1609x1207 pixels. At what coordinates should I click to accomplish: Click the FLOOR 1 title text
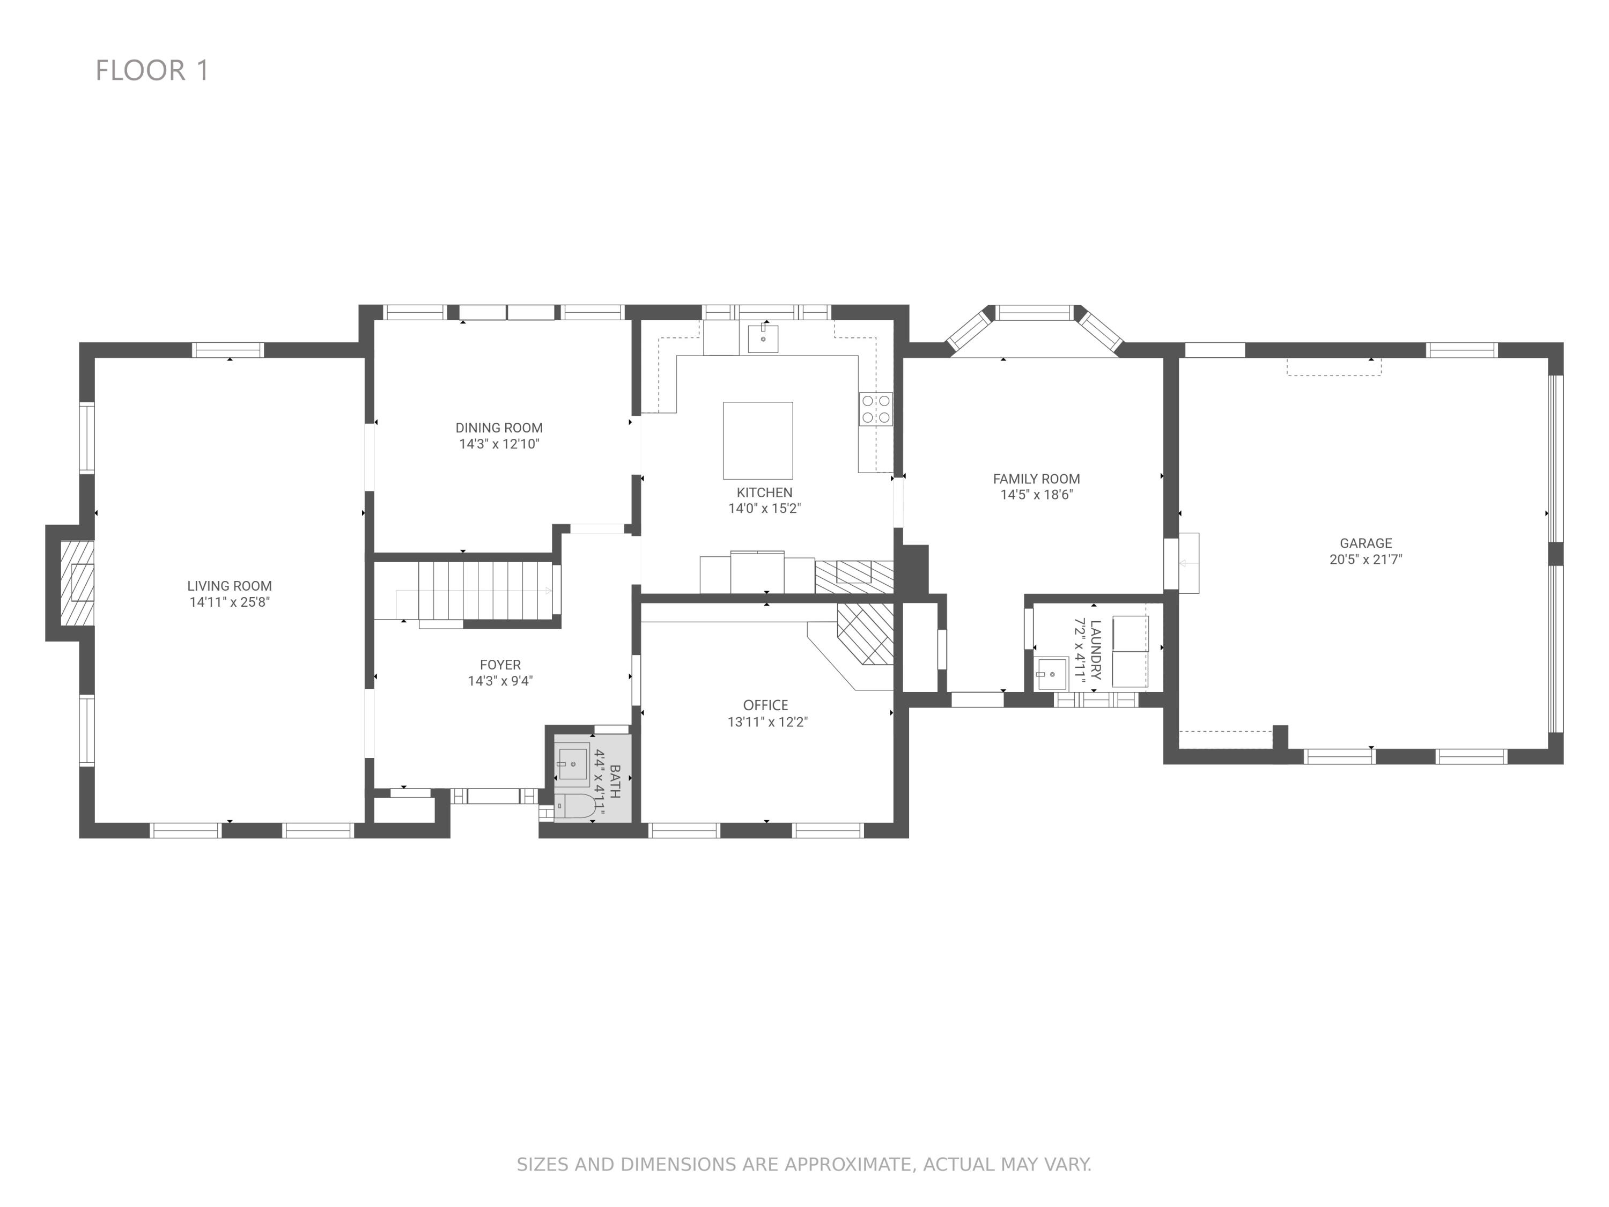click(x=153, y=71)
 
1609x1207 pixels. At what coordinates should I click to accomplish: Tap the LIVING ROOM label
click(x=229, y=586)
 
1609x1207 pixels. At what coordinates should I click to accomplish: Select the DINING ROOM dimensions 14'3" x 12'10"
click(x=499, y=444)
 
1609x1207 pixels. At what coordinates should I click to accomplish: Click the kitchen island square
click(x=758, y=440)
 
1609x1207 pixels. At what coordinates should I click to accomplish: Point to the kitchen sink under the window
click(x=763, y=338)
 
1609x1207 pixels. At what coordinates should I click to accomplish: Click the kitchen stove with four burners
click(x=876, y=409)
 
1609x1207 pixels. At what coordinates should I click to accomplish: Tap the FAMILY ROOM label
click(x=1037, y=479)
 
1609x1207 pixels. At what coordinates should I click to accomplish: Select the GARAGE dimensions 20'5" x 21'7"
click(x=1366, y=559)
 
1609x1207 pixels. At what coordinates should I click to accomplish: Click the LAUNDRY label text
click(x=1096, y=649)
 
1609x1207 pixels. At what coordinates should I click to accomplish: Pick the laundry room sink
click(x=1052, y=674)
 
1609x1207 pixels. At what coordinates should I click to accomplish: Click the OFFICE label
click(x=765, y=705)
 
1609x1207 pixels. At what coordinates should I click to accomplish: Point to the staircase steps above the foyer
click(x=484, y=590)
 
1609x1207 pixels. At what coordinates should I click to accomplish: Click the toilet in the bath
click(x=576, y=806)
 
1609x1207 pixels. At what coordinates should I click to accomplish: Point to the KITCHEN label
click(x=764, y=492)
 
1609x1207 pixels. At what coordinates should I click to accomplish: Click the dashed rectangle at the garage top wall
click(x=1334, y=367)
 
